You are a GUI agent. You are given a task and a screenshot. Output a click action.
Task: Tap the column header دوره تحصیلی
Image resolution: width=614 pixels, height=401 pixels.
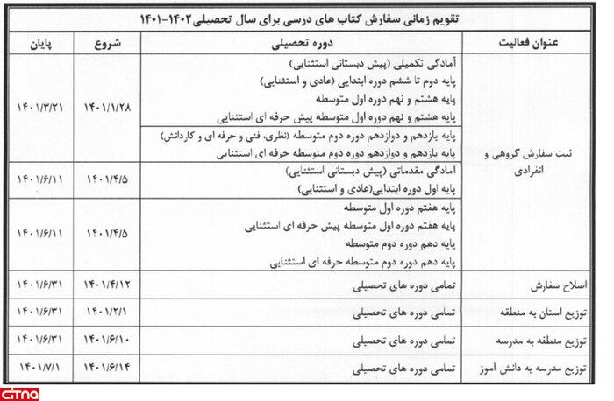pyautogui.click(x=301, y=42)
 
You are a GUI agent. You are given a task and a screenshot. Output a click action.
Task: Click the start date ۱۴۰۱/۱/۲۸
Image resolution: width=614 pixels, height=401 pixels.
pyautogui.click(x=109, y=106)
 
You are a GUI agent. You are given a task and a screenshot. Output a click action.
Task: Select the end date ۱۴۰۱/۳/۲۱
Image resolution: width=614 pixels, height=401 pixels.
pyautogui.click(x=43, y=106)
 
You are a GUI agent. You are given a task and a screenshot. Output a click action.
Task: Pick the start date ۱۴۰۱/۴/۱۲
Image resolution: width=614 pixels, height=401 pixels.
pyautogui.click(x=109, y=286)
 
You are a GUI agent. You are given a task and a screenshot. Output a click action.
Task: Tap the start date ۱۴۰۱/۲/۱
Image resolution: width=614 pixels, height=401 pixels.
pyautogui.click(x=109, y=313)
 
